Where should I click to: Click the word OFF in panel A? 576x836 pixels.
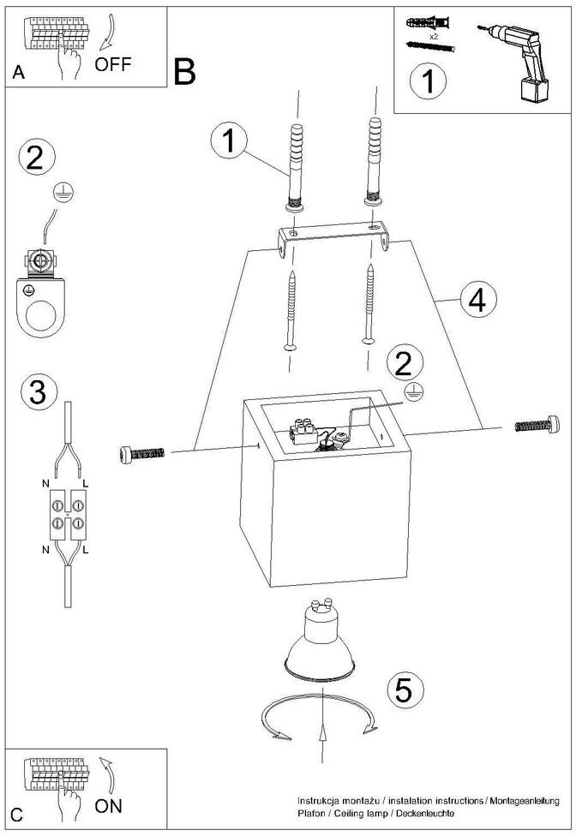coord(114,65)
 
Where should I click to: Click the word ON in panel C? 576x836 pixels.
coord(109,805)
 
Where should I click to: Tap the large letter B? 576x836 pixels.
coord(184,72)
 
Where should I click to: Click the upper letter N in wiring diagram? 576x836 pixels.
coord(45,485)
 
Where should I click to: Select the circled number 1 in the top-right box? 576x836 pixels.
coord(427,84)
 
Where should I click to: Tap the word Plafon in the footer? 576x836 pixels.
coord(311,812)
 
